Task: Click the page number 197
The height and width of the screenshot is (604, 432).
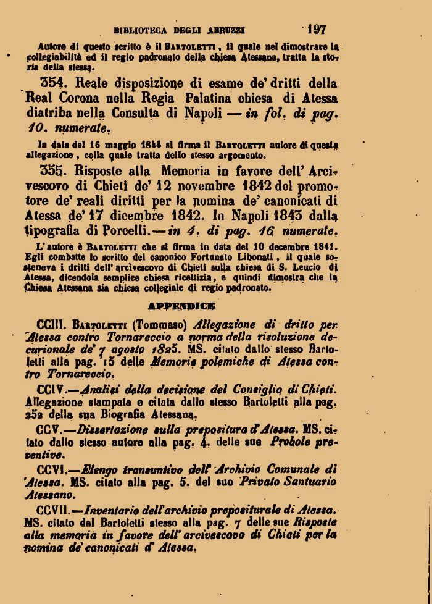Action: pyautogui.click(x=315, y=28)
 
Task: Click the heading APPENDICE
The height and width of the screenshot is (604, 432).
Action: pyautogui.click(x=181, y=305)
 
